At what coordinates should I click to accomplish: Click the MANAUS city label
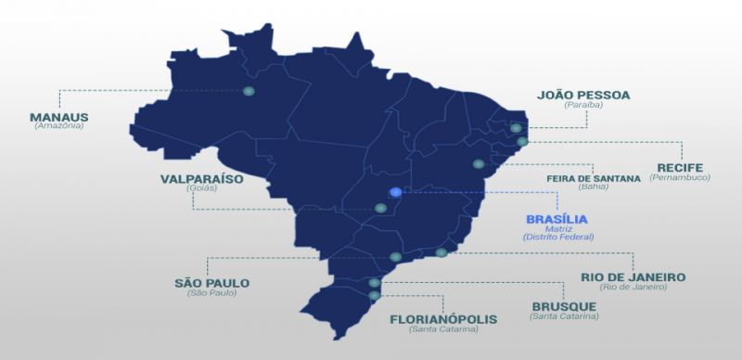(58, 117)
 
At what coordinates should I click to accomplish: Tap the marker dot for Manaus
(249, 91)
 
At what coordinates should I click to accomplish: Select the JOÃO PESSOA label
(583, 95)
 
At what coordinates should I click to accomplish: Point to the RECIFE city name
(682, 167)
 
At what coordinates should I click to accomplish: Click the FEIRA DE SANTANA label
(592, 176)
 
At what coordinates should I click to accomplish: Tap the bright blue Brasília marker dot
(396, 192)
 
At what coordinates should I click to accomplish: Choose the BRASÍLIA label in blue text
(557, 219)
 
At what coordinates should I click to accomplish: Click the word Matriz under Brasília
(557, 228)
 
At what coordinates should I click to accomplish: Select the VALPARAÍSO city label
(200, 178)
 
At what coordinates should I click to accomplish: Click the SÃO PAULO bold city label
(211, 283)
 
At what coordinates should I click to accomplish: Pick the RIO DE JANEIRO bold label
(633, 276)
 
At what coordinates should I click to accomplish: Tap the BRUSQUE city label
(564, 307)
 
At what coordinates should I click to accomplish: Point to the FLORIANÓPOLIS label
(443, 319)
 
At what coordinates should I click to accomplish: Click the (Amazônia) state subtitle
(58, 126)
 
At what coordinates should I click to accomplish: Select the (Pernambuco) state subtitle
(682, 176)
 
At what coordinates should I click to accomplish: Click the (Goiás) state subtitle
(200, 187)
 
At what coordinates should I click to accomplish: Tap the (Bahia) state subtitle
(592, 186)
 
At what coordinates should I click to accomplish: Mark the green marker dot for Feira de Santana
(479, 164)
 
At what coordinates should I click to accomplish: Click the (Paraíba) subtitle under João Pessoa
(583, 105)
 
